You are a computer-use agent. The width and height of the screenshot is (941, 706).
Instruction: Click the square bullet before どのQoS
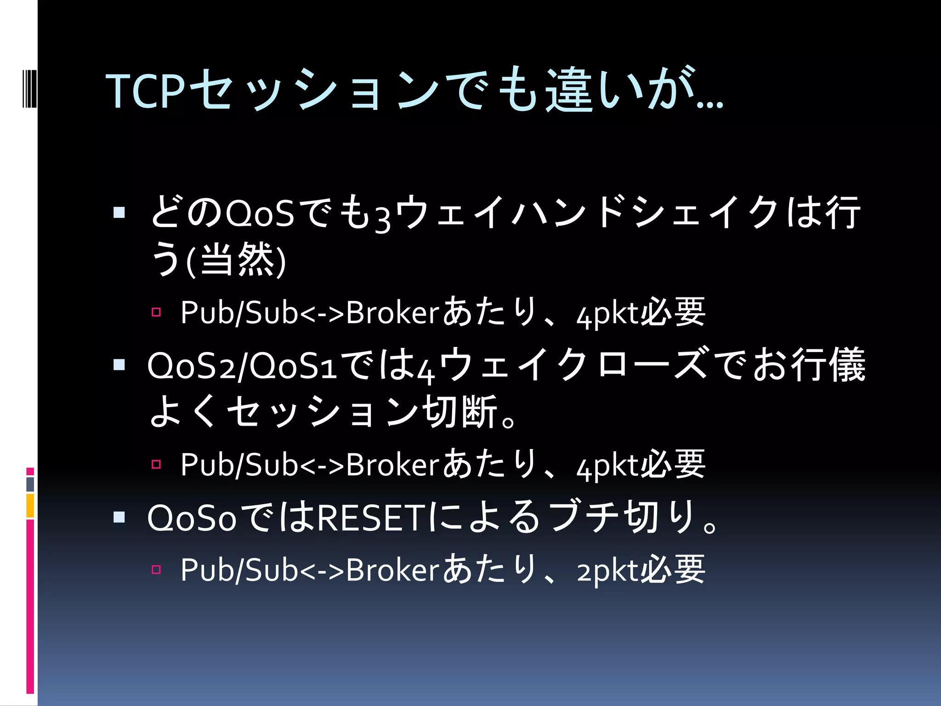click(x=119, y=212)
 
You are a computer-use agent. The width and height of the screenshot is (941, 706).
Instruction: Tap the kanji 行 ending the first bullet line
click(x=842, y=212)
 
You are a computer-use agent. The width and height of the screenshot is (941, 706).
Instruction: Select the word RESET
click(x=372, y=518)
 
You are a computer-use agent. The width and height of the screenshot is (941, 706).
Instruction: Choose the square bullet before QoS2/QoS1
click(x=119, y=365)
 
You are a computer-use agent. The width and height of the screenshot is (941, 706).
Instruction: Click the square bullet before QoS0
click(x=119, y=518)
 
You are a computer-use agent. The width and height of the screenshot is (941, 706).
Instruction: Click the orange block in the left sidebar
click(x=30, y=506)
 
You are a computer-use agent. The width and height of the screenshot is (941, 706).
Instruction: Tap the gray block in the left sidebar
click(x=30, y=484)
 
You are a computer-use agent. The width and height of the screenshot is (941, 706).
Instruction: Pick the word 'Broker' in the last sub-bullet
click(x=393, y=570)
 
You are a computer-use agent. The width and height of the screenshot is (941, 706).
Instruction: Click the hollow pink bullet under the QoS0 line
click(x=156, y=570)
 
